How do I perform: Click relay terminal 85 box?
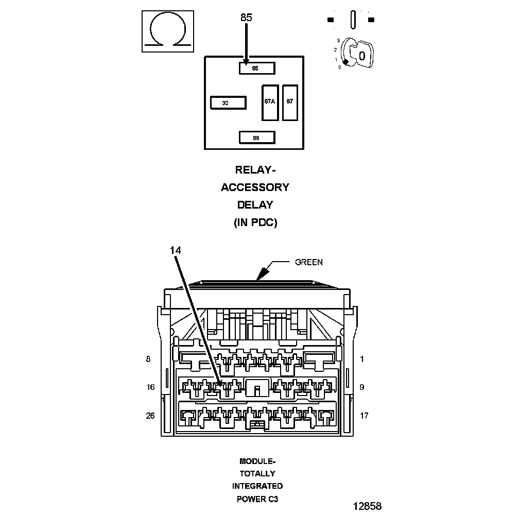[256, 68]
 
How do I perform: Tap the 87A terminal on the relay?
[270, 102]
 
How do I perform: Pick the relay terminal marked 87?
[290, 102]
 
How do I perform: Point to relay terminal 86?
[256, 138]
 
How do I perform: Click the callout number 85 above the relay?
[246, 18]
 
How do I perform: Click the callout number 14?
[176, 250]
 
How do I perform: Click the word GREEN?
[308, 262]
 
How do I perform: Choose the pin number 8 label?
[148, 359]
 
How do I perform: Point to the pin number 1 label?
[362, 359]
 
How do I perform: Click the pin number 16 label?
[150, 387]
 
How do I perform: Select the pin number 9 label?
[362, 387]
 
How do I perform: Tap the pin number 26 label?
[150, 416]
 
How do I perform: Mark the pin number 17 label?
[364, 416]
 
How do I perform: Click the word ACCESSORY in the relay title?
[255, 187]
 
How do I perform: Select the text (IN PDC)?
[255, 222]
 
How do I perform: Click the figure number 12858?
[367, 506]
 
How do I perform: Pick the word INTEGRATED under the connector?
[257, 486]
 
